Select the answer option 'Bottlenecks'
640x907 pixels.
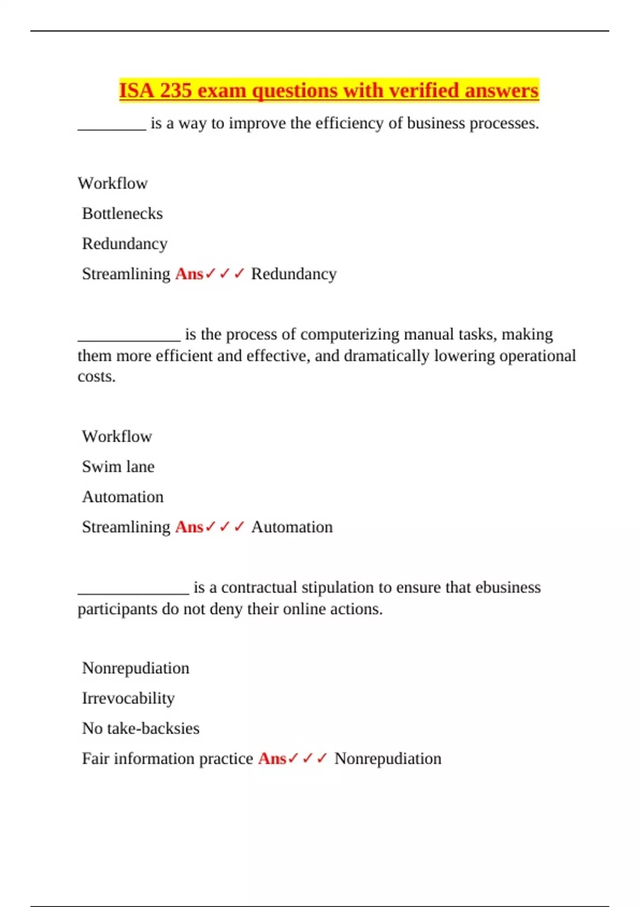(x=122, y=213)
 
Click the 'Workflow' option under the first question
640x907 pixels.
(x=113, y=184)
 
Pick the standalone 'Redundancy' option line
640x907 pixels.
(x=124, y=244)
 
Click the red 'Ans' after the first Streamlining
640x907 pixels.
(x=189, y=274)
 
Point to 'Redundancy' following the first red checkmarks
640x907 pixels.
(x=294, y=274)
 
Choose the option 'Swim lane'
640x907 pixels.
(x=118, y=467)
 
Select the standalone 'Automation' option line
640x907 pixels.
(x=123, y=497)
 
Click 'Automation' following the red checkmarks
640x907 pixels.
(x=292, y=527)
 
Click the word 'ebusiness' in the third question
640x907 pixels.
(x=508, y=587)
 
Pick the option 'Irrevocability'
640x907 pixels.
(x=128, y=698)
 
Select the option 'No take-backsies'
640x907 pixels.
(x=140, y=728)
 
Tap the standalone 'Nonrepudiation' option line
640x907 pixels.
(x=135, y=668)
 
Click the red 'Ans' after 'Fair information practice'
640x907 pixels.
(x=272, y=759)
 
